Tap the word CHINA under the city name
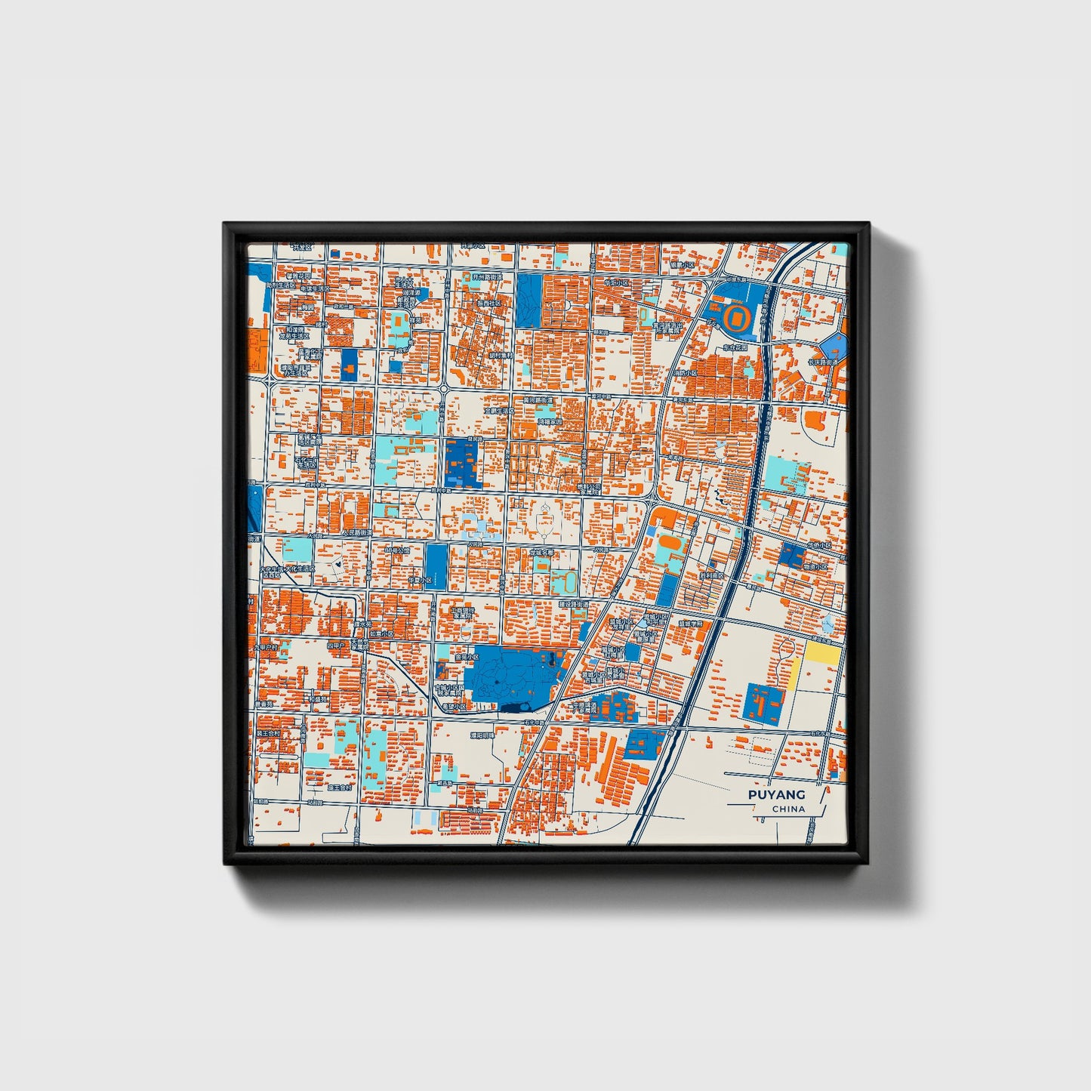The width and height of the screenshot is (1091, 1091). click(x=788, y=809)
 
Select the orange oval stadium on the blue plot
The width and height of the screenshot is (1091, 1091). click(x=737, y=319)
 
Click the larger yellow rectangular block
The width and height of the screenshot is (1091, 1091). click(x=822, y=653)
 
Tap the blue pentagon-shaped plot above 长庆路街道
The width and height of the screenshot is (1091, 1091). click(x=833, y=346)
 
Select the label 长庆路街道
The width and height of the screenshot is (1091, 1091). click(x=824, y=362)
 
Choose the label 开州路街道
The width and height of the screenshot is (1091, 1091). click(x=487, y=277)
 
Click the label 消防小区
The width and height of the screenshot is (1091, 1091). click(x=685, y=373)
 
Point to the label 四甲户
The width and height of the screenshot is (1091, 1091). click(x=335, y=646)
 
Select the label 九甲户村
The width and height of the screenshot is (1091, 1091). click(x=266, y=647)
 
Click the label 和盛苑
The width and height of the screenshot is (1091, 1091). click(x=317, y=698)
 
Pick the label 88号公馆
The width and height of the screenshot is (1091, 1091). click(x=396, y=550)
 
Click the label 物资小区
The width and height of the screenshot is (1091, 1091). click(x=815, y=566)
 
